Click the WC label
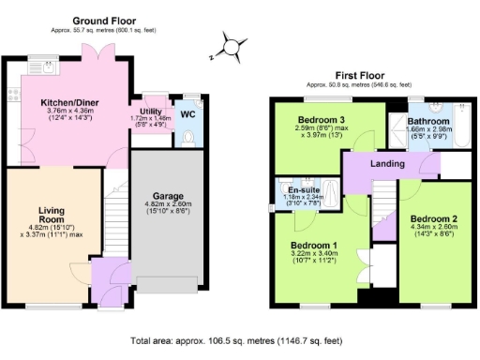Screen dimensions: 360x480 coord(187,114)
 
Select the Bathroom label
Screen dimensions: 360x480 coord(428,121)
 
